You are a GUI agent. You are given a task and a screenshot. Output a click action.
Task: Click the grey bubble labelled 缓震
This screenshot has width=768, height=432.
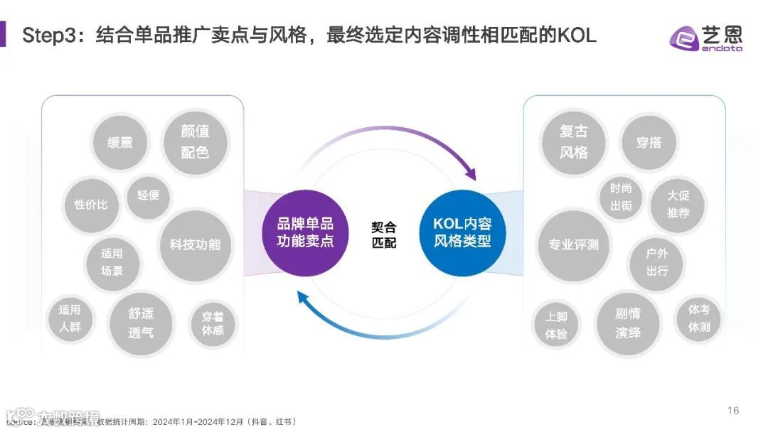coord(119,143)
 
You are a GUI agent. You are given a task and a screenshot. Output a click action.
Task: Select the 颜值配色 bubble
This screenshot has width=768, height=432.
coord(195,141)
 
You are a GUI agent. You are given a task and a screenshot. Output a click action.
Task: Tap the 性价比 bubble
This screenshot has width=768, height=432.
coord(91,205)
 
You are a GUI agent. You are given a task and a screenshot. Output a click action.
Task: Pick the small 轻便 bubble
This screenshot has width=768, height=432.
coord(148,195)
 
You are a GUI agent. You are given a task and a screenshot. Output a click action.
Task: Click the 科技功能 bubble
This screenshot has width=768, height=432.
coord(195,244)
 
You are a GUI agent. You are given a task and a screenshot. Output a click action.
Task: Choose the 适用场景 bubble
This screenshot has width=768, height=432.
coord(112,262)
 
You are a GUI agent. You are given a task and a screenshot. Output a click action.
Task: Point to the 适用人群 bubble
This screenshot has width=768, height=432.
coord(70,319)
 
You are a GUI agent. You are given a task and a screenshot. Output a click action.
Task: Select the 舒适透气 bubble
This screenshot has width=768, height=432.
coord(141,323)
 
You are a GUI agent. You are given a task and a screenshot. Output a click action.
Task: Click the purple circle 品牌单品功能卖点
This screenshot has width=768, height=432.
coord(305,232)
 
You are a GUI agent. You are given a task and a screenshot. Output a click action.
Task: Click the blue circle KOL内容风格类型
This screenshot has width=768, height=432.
coord(462,232)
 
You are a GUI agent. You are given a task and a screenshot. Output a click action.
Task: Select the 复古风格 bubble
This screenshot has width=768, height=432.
coord(573,142)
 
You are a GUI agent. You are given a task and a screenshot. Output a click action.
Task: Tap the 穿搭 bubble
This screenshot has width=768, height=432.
coord(649,143)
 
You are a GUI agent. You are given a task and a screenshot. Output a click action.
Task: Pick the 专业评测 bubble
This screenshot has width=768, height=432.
coord(573,245)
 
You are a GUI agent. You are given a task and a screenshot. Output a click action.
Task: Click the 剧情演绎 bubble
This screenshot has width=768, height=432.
coord(628,323)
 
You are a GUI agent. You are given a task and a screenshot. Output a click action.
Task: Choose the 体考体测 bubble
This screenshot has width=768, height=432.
coord(699,319)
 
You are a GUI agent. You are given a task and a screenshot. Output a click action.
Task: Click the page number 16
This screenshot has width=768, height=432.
coord(733,411)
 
